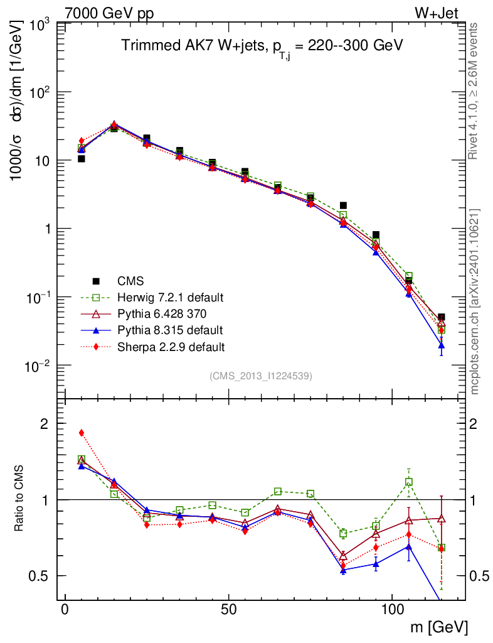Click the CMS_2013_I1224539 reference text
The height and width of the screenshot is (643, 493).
(x=261, y=376)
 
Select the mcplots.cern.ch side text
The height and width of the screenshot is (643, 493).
(x=476, y=301)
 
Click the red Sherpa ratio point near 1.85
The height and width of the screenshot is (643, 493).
(x=82, y=433)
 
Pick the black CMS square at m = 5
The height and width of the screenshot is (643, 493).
(x=82, y=159)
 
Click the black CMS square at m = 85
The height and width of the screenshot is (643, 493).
(x=343, y=205)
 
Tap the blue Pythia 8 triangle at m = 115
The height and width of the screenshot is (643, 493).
(x=442, y=345)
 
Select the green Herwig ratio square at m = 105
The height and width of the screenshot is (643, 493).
(x=409, y=482)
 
